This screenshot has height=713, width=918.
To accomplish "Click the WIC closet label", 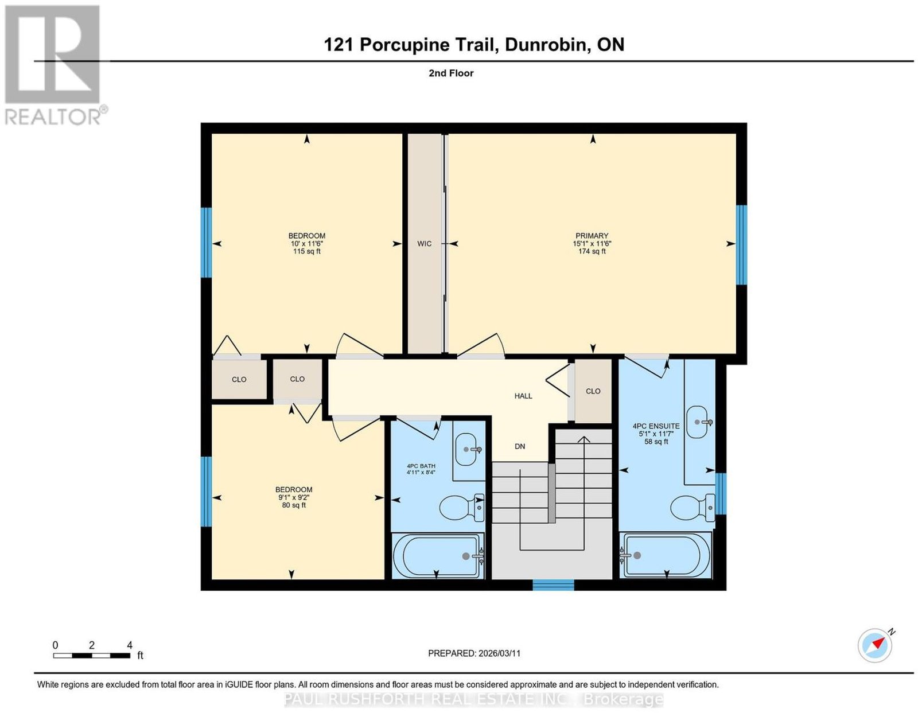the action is [x=424, y=244].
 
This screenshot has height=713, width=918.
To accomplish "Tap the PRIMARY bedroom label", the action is [x=592, y=236].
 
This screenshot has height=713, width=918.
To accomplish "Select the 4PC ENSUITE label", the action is [x=656, y=426].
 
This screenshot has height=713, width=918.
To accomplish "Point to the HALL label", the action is [x=523, y=396].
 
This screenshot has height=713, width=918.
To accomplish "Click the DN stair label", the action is [x=520, y=446].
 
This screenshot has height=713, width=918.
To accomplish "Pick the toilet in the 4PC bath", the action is [x=462, y=508].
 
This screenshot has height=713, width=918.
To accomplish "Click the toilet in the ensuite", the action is [x=693, y=508].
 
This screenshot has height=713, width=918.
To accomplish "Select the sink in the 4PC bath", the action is [x=467, y=449].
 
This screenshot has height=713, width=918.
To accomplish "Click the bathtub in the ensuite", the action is [x=666, y=555].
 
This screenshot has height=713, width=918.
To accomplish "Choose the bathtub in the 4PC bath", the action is [x=438, y=555].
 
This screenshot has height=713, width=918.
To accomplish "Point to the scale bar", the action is [x=92, y=656].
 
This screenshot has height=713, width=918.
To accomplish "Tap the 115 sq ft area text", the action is [x=307, y=251].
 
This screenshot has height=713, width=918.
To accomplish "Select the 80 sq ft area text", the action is [x=294, y=505].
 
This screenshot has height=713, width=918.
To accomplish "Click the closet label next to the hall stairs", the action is [x=593, y=391].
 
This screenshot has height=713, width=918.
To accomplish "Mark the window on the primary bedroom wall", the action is [x=741, y=245].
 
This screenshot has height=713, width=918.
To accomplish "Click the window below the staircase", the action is [x=553, y=585].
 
